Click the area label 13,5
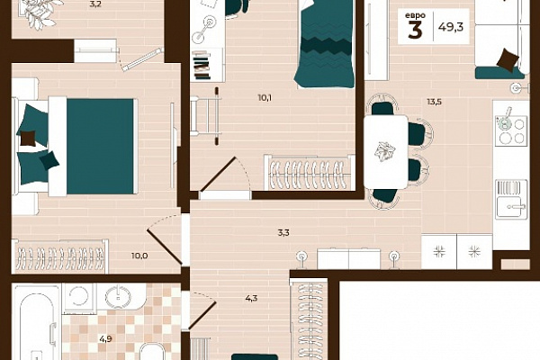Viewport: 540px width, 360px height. [x=435, y=102]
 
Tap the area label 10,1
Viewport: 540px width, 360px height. [x=265, y=98]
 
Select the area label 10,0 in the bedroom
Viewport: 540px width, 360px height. [x=139, y=256]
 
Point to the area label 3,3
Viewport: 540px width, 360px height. [x=283, y=233]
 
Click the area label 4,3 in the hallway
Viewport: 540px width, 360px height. [x=251, y=298]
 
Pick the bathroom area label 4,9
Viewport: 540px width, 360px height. [x=105, y=339]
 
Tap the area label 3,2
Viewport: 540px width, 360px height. [x=95, y=4]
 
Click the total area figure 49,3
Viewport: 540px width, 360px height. [x=451, y=26]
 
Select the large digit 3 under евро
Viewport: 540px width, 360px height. [x=415, y=30]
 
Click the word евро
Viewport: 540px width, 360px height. [x=415, y=15]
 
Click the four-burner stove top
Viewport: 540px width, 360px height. [x=511, y=130]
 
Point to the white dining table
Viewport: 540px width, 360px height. [x=386, y=152]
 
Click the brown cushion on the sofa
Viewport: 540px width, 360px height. [x=508, y=59]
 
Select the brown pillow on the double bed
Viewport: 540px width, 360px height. [x=28, y=138]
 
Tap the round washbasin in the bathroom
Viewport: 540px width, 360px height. [x=118, y=296]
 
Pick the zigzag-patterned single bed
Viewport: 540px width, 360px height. [x=325, y=44]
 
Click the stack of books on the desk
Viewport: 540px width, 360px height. [x=201, y=66]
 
